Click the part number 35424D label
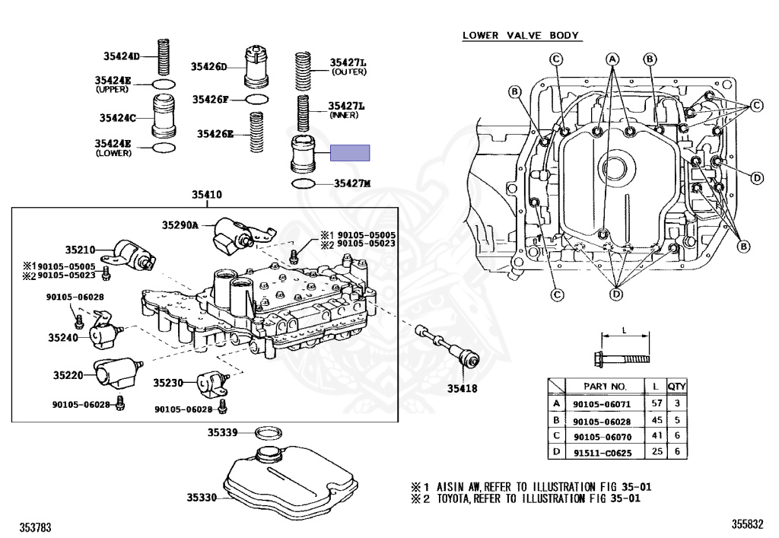click(x=122, y=56)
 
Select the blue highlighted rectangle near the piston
click(x=350, y=153)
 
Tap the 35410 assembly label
click(x=206, y=196)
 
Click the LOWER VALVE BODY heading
click(x=521, y=35)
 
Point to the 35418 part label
click(x=462, y=388)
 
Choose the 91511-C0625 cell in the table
click(x=599, y=452)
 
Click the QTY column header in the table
click(x=677, y=386)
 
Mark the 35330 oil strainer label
click(x=202, y=498)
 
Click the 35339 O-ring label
click(x=224, y=432)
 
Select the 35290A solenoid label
click(x=180, y=224)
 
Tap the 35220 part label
click(x=68, y=374)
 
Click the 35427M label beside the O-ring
click(x=351, y=184)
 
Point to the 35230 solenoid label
click(x=169, y=382)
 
